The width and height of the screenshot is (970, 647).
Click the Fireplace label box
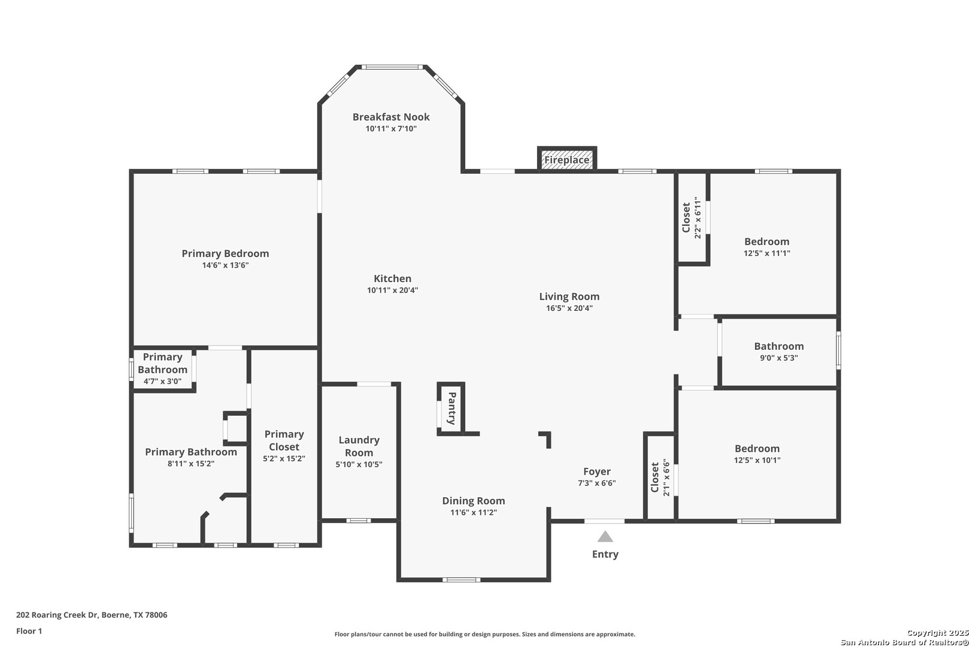tap(567, 159)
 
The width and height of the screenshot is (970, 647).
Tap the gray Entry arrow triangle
tap(605, 537)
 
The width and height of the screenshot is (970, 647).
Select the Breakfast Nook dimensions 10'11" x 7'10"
tap(391, 129)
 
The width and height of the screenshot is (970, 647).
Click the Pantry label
tap(451, 408)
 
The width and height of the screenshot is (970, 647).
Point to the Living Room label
tap(569, 297)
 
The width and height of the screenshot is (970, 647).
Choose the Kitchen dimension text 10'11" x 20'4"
tap(392, 291)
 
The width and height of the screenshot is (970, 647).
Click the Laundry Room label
tap(359, 446)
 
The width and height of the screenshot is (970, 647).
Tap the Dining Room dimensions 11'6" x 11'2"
tap(473, 512)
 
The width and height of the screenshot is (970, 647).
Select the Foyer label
tap(597, 471)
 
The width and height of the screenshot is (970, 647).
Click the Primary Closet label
tap(284, 440)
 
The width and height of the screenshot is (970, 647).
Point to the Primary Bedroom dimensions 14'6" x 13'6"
tap(225, 265)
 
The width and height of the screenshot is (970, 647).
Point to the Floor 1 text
tap(29, 631)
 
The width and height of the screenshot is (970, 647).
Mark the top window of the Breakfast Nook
tap(392, 67)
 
